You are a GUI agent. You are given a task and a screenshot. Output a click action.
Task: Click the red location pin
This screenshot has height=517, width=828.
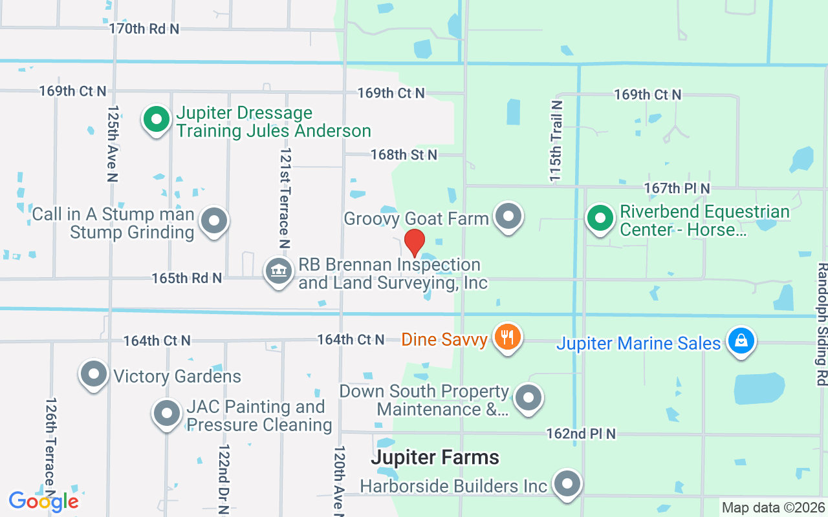(414, 243)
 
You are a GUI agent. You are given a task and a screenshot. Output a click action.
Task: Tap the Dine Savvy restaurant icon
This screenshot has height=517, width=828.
(508, 337)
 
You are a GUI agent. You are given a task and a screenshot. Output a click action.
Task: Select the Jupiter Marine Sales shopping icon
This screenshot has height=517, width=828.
(741, 340)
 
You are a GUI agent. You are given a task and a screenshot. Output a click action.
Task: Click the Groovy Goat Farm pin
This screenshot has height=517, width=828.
(508, 216)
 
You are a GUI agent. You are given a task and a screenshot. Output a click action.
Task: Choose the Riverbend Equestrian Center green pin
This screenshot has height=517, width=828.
(600, 217)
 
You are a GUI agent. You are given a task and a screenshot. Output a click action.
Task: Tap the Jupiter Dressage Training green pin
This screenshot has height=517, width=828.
(156, 120)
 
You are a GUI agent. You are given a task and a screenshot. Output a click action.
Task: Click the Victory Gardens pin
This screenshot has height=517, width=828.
(94, 374)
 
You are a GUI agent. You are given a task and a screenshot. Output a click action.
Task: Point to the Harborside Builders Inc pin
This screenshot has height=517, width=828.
(568, 483)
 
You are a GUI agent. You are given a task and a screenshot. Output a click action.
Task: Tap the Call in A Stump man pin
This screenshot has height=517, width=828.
(214, 221)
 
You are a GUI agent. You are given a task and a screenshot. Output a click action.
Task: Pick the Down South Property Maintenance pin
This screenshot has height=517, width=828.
(528, 397)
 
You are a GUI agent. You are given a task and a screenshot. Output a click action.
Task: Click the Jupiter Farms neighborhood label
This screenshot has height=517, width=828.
(435, 458)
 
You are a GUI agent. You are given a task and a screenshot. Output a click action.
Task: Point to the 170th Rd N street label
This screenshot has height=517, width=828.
(144, 28)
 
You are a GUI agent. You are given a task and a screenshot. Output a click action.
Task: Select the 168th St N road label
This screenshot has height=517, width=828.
(404, 154)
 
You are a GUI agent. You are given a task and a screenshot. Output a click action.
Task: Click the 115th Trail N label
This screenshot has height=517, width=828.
(556, 141)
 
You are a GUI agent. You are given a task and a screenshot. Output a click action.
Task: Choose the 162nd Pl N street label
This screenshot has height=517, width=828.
(581, 434)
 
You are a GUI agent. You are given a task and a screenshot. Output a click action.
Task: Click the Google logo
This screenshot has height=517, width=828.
(43, 501)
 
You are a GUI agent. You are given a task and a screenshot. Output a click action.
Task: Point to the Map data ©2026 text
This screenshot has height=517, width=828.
(773, 508)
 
